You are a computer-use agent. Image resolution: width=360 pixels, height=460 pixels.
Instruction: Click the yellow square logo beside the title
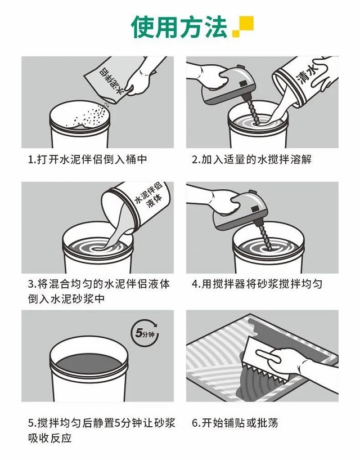[x=243, y=26]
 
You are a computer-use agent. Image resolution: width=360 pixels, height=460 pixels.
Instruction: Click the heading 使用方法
[x=179, y=27]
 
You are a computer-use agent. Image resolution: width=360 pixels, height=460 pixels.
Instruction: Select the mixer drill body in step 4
[x=240, y=211]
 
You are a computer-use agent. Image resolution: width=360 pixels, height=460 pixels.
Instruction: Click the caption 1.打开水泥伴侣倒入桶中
[x=87, y=159]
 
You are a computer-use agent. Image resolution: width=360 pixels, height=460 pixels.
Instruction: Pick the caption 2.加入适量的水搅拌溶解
[x=251, y=159]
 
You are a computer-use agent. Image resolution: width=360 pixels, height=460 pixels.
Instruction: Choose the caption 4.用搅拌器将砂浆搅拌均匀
[x=257, y=284]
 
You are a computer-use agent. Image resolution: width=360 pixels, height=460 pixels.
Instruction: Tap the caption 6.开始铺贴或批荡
[x=235, y=423]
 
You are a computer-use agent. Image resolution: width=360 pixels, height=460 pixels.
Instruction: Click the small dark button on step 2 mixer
[x=244, y=83]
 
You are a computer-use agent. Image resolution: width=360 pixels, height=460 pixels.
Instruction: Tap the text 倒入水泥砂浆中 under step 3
[x=66, y=299]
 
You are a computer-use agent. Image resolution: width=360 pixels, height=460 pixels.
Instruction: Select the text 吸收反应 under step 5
[x=50, y=438]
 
